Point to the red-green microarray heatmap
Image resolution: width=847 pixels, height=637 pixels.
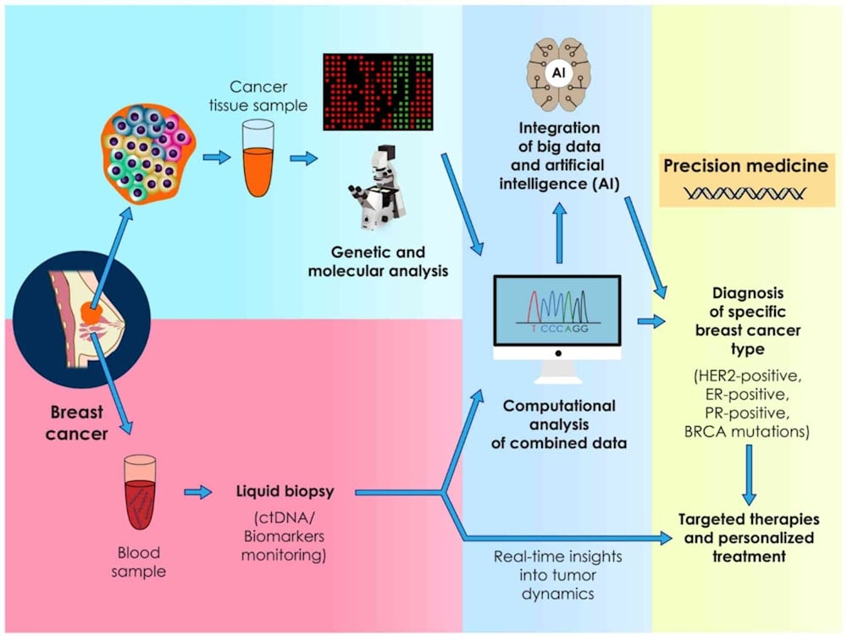(378, 91)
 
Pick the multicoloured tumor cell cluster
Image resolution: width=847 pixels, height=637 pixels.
(149, 156)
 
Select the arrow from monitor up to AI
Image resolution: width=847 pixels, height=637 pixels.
(559, 235)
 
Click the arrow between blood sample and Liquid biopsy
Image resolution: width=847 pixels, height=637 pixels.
(197, 491)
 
